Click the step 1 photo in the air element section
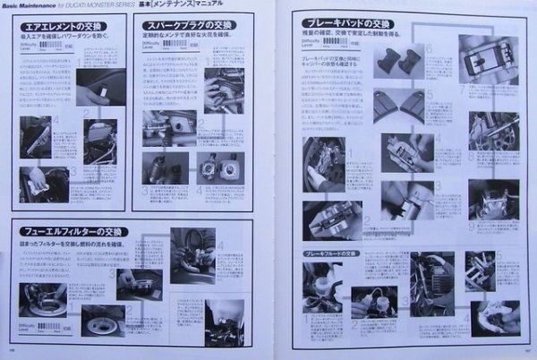tap(93, 93)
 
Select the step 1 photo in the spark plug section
tap(223, 90)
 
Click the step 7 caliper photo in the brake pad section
tap(488, 59)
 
